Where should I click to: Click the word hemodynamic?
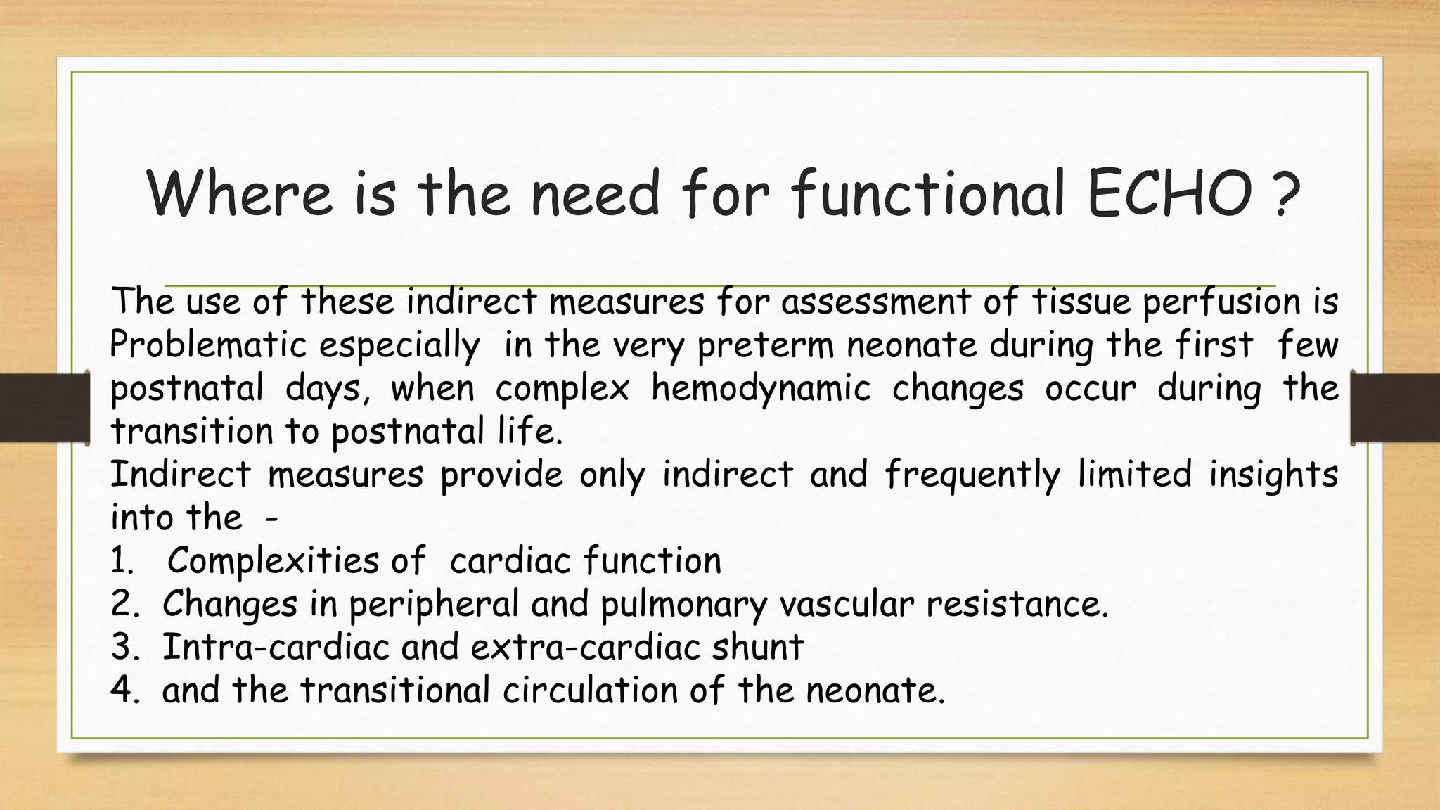coord(761,388)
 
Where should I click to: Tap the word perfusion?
coord(1221,302)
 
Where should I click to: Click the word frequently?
coord(972,475)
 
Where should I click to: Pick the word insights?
coord(1273,475)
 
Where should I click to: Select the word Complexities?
coord(274,561)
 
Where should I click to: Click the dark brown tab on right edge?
coord(1396,408)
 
